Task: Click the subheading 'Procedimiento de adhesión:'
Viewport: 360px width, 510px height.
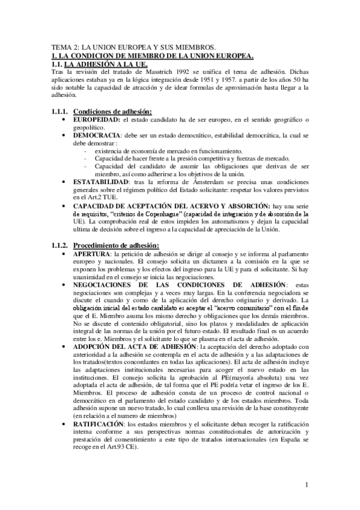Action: pyautogui.click(x=116, y=245)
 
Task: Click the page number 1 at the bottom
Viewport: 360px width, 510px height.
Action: pyautogui.click(x=306, y=484)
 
